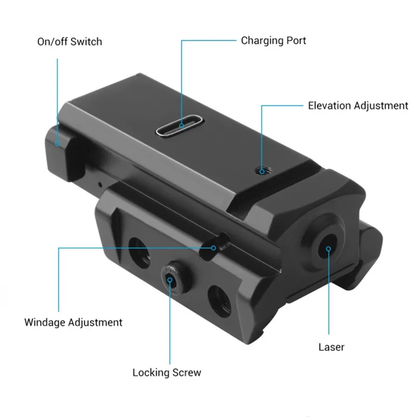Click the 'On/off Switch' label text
click(x=70, y=42)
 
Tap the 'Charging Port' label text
click(x=273, y=41)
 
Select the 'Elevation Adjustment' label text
click(x=358, y=106)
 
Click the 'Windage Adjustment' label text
click(x=73, y=323)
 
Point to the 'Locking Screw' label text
click(x=167, y=373)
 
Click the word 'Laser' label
click(x=332, y=347)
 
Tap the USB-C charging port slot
click(x=180, y=125)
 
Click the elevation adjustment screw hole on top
click(x=263, y=170)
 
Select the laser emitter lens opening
click(x=327, y=247)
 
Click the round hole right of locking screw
click(x=219, y=301)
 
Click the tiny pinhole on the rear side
click(x=100, y=184)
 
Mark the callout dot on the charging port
click(x=181, y=126)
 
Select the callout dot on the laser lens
click(x=328, y=249)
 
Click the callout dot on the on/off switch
click(x=57, y=144)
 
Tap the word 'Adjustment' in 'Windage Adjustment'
click(x=95, y=323)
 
